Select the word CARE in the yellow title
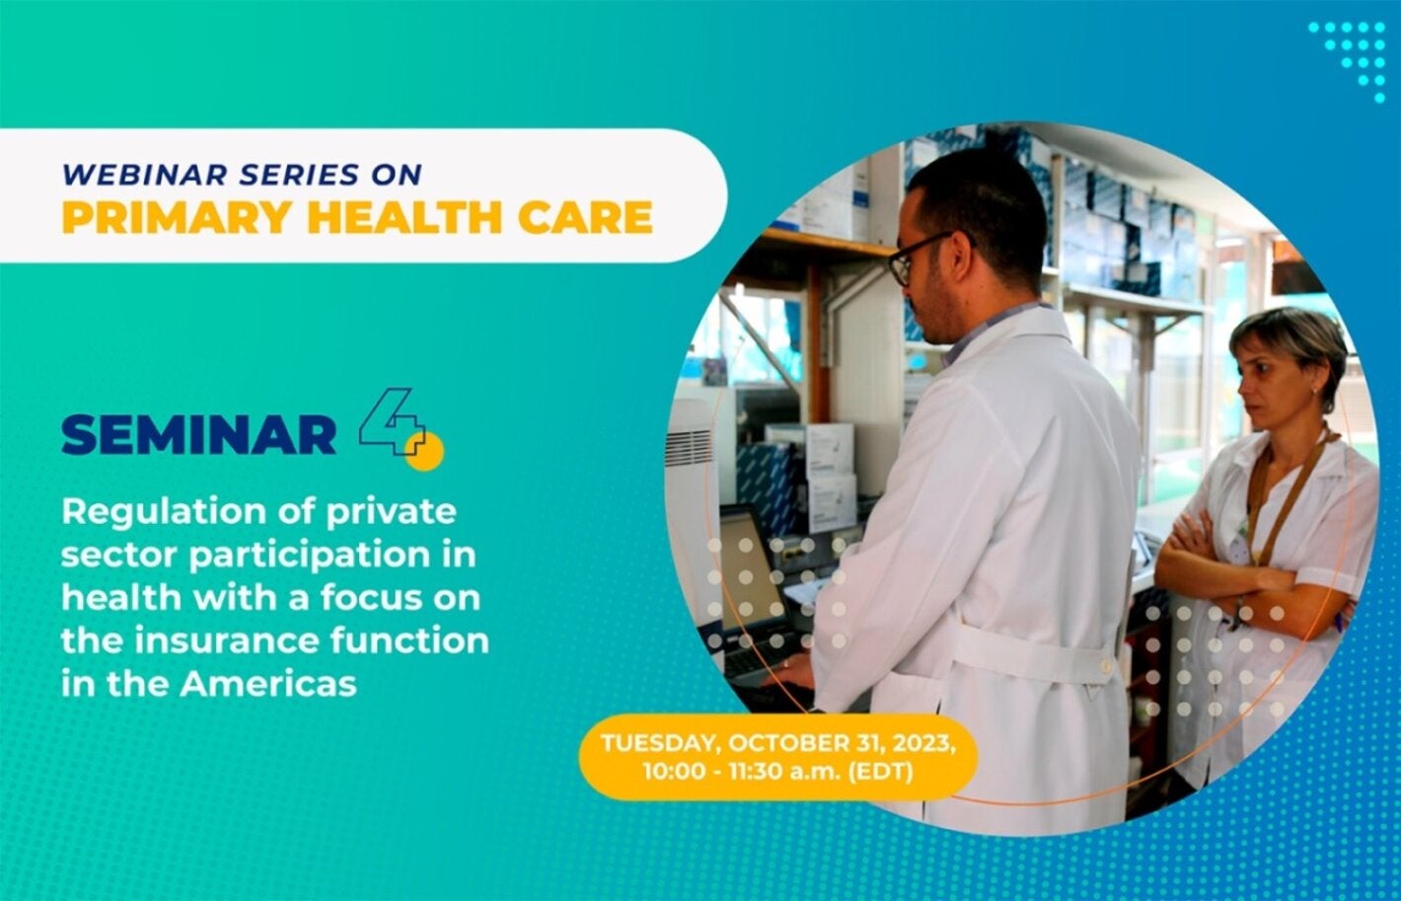585,218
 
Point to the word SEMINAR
199,435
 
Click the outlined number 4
392,421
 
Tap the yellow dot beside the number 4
424,451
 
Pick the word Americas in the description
268,684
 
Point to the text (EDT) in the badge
880,771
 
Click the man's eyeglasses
926,256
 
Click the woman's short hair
1290,342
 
